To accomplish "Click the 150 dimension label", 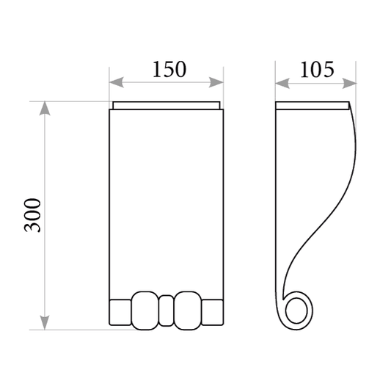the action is [169, 69].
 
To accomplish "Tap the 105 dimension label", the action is [317, 69].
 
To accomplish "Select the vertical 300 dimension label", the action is [32, 215].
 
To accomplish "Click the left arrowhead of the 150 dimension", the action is [117, 82].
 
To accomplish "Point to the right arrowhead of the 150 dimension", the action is [216, 82].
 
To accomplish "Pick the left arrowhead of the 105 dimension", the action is [282, 83].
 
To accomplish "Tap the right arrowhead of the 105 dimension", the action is [349, 83].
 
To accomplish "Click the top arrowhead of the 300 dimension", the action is [45, 109].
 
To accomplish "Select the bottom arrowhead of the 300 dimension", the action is [45, 322].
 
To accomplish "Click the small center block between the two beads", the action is [166, 311].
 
